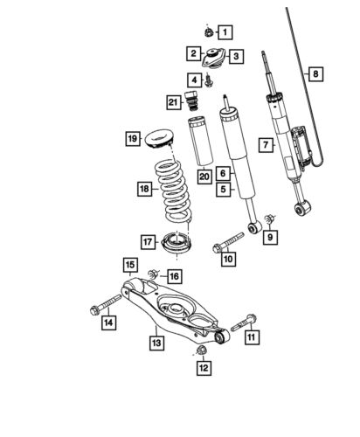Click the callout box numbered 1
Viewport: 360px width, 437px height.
tap(225, 34)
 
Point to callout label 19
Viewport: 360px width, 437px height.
tap(132, 139)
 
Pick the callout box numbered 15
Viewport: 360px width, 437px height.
tap(128, 265)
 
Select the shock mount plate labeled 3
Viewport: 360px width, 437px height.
tap(211, 61)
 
